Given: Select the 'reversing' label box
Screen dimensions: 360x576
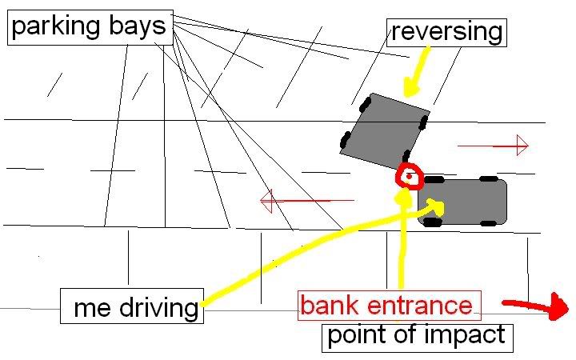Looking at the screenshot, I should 447,32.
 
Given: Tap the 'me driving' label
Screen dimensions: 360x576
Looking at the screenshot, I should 133,307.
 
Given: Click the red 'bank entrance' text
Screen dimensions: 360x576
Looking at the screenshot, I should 386,305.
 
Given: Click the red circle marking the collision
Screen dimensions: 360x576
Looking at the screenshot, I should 409,176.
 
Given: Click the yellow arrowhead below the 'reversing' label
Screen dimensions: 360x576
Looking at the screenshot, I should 413,85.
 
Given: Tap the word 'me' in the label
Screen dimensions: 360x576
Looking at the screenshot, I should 90,307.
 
